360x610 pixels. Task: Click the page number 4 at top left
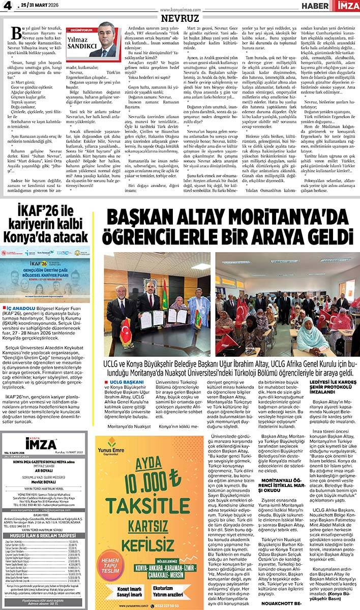6,6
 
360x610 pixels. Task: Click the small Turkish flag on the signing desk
126,330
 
